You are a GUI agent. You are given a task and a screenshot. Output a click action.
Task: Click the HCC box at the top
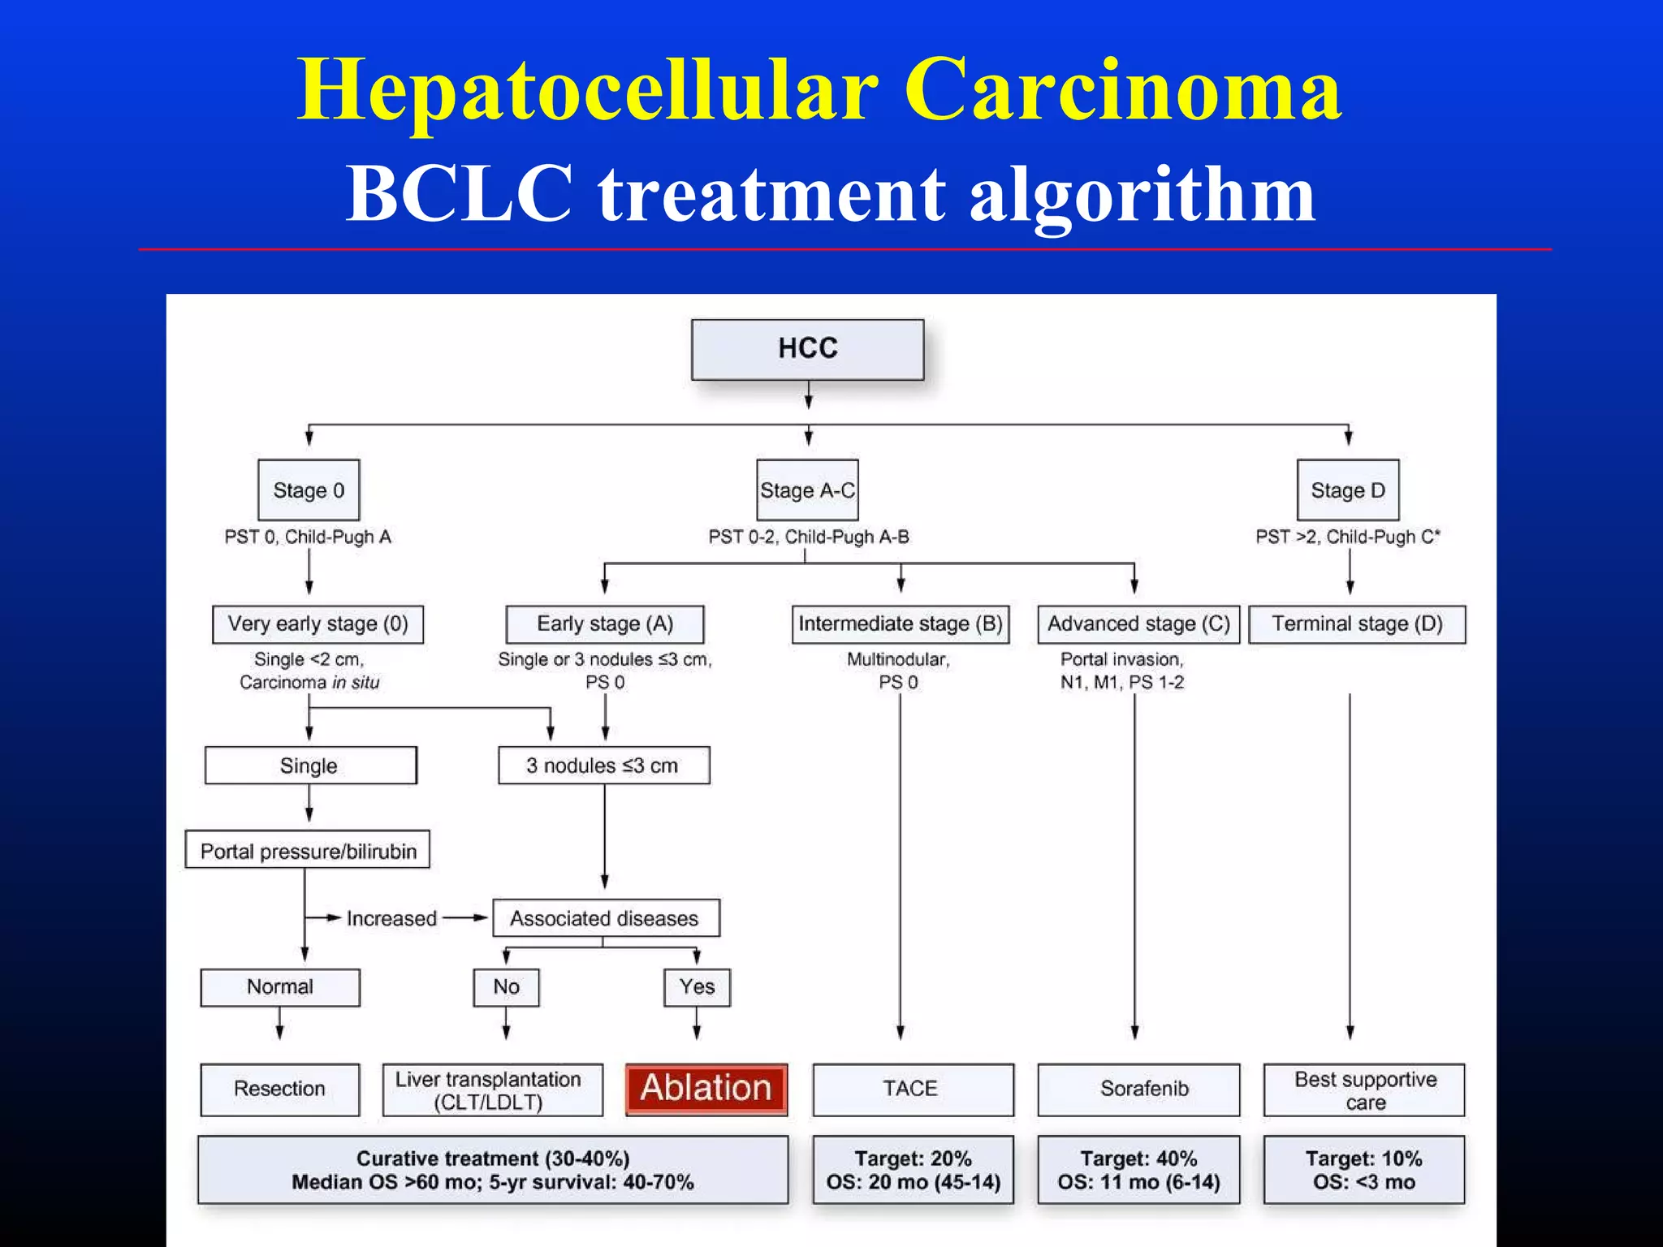[807, 349]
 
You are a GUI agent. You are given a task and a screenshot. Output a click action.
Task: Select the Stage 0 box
[309, 490]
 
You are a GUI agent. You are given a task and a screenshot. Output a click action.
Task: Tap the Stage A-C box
[807, 490]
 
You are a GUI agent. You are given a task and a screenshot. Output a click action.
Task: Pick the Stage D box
[1348, 490]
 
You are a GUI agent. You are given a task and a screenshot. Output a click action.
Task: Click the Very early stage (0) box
[317, 624]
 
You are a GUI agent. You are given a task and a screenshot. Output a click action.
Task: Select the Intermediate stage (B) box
[901, 624]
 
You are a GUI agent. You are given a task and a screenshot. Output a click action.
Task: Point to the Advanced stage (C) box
[1138, 624]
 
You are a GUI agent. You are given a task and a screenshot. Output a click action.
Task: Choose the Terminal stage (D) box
[1357, 624]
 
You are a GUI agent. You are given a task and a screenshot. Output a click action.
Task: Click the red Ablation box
[706, 1089]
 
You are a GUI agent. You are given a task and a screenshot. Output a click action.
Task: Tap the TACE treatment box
[913, 1089]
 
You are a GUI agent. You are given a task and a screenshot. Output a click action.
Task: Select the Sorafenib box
[1138, 1089]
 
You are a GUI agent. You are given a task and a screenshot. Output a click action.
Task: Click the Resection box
[280, 1089]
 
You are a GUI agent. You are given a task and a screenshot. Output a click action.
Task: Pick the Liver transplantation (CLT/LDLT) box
[493, 1090]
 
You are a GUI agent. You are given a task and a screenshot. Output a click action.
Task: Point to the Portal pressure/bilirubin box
[308, 850]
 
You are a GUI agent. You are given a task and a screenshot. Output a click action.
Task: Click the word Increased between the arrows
[391, 918]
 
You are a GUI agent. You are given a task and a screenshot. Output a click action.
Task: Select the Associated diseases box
[605, 918]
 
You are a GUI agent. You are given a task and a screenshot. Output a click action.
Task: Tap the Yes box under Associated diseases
[697, 987]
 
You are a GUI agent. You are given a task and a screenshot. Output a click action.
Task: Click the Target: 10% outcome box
[1364, 1170]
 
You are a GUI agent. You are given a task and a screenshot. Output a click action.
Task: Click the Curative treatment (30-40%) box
[493, 1170]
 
